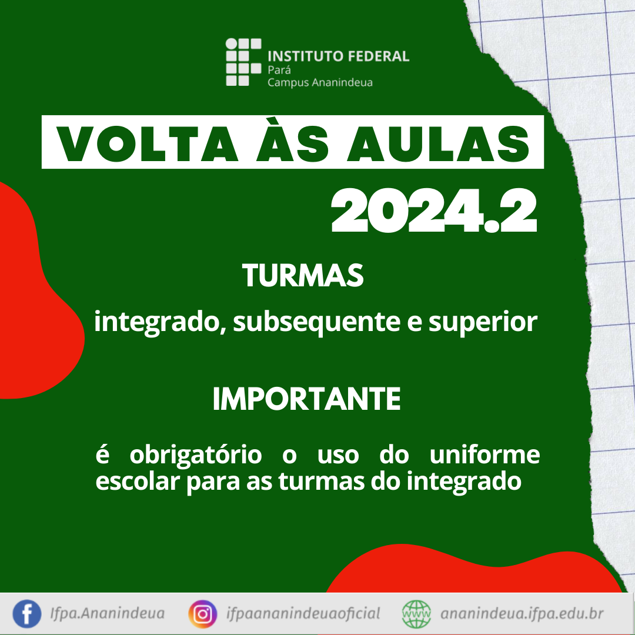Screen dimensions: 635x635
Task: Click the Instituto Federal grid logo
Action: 243,62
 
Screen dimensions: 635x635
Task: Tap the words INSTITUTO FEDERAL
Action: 338,56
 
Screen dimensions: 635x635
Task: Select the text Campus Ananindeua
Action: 320,83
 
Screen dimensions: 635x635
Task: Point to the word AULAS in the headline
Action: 438,145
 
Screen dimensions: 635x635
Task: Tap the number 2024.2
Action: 434,212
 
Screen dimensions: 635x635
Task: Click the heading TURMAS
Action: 303,276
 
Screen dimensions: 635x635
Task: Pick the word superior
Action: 483,323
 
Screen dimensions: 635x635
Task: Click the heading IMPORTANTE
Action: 306,399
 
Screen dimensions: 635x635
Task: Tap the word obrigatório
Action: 196,454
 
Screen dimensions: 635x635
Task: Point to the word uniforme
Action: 484,454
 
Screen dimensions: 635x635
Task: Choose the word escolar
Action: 138,481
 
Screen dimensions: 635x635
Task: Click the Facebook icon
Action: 26,614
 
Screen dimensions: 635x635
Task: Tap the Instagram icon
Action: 203,614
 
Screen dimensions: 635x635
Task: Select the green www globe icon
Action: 416,614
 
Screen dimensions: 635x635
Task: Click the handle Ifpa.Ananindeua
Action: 108,613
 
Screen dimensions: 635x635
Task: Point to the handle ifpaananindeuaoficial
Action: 303,613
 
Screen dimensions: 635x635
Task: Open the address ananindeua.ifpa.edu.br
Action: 522,614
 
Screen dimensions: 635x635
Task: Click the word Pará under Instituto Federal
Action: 279,69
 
